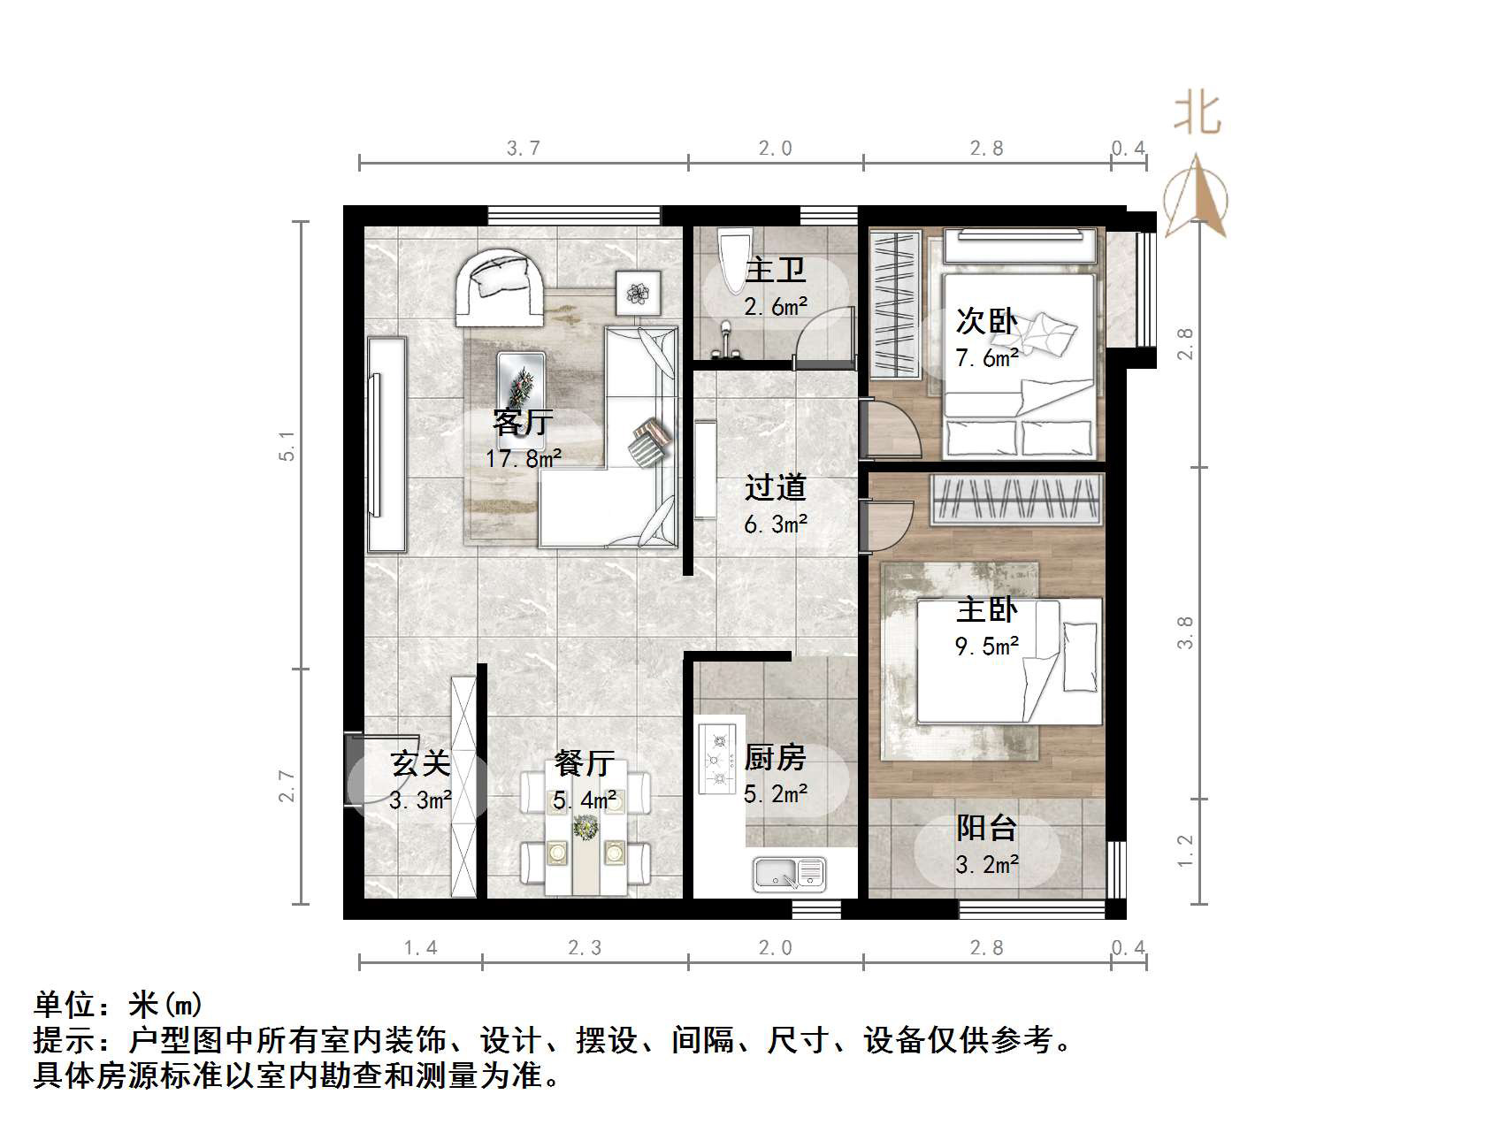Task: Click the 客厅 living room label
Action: tap(523, 423)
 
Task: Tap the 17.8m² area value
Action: tap(524, 458)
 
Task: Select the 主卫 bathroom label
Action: tap(776, 270)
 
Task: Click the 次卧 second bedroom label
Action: tap(986, 321)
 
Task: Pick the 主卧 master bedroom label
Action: tap(987, 609)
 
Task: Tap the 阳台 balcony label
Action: tap(987, 828)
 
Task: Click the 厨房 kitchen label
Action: tap(776, 758)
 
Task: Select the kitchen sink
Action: tap(788, 873)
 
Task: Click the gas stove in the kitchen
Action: tap(717, 758)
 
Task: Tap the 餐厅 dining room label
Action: tap(585, 762)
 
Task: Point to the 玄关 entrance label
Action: tap(421, 762)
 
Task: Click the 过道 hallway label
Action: tap(776, 487)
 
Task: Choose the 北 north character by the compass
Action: tap(1198, 114)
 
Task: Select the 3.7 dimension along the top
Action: tap(524, 149)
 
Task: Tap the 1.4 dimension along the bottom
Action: tap(421, 948)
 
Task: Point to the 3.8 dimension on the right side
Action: tap(1186, 633)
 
